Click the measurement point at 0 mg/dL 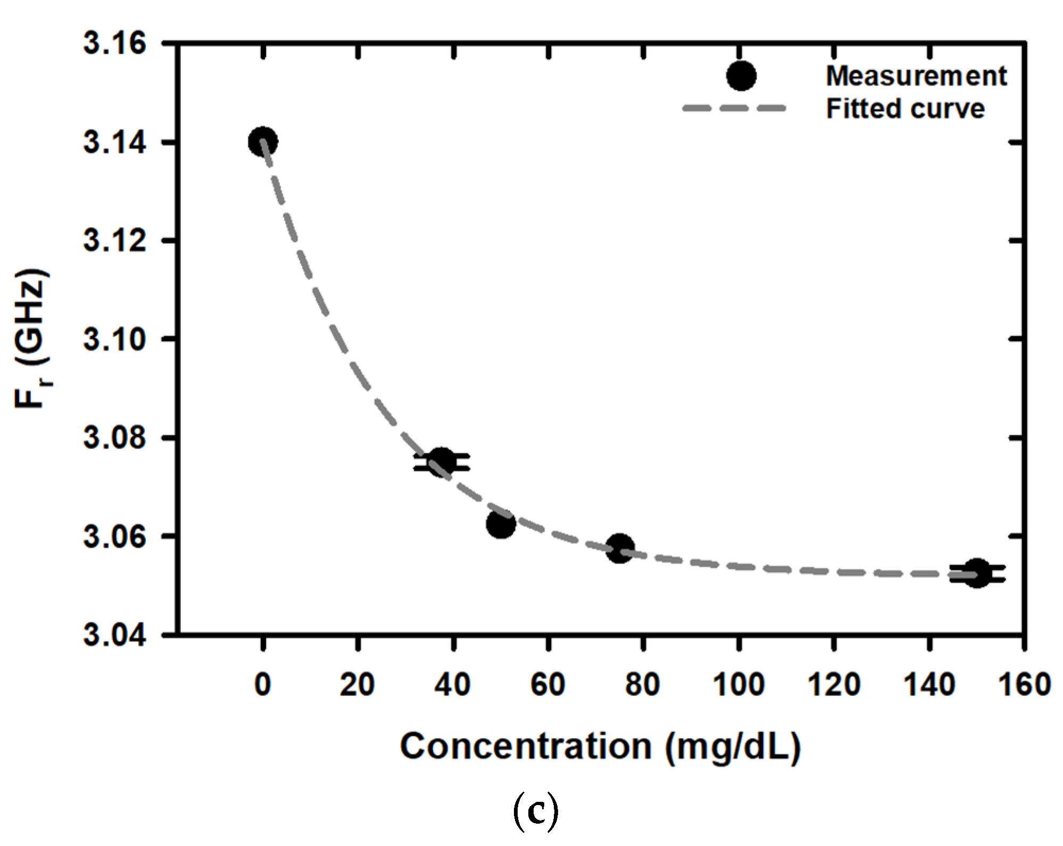(x=262, y=142)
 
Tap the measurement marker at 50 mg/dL (x=501, y=524)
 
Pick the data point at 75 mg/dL (x=620, y=548)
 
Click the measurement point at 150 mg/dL (x=977, y=573)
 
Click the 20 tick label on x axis (x=357, y=685)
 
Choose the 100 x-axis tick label (x=738, y=685)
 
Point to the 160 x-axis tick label (x=1024, y=685)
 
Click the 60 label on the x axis (x=548, y=685)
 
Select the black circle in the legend (x=741, y=76)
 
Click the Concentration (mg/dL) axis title (x=600, y=747)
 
